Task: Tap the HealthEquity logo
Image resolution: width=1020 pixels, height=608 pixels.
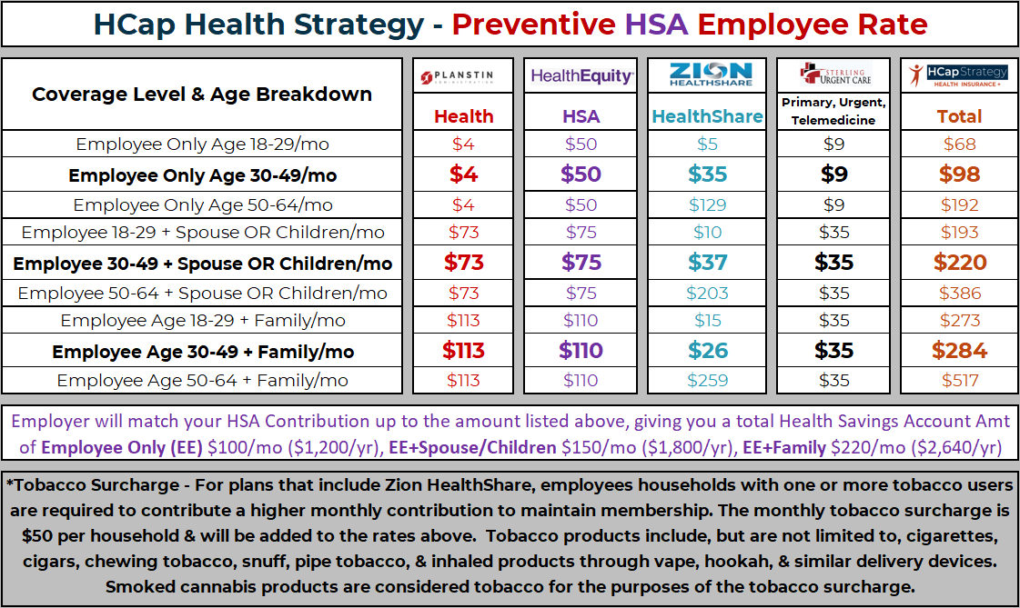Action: point(581,76)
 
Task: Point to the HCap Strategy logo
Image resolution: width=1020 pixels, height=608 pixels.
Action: point(959,75)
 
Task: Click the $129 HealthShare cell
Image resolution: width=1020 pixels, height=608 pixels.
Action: point(707,205)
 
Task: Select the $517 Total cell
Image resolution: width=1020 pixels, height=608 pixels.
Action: point(960,381)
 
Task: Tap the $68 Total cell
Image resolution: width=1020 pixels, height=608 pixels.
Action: point(960,144)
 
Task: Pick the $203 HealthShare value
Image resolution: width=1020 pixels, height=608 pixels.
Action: point(707,294)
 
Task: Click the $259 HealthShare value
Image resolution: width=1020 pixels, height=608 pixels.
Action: point(707,381)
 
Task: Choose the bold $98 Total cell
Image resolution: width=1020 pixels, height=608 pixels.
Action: point(960,174)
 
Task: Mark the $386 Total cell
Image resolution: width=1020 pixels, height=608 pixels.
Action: point(960,294)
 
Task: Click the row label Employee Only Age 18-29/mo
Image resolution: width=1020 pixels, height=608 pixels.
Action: point(202,144)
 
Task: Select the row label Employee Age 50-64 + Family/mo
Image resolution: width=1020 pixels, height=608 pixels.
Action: point(202,381)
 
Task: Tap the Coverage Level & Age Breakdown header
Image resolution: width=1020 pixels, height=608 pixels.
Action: point(202,95)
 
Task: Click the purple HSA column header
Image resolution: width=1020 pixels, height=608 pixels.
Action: point(581,116)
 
